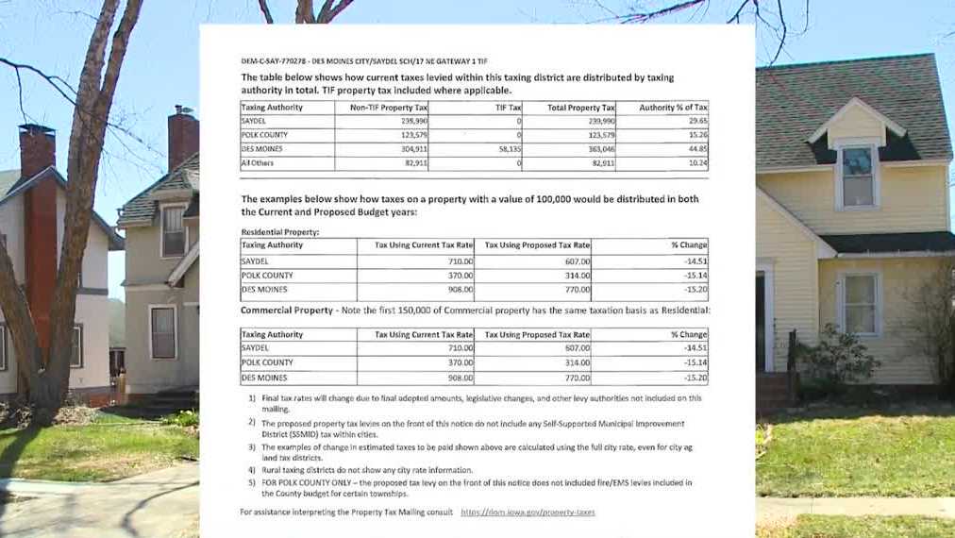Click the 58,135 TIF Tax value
point(508,149)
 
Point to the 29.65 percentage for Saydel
point(698,122)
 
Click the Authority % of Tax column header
point(673,108)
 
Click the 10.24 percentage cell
point(698,163)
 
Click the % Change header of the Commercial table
point(688,334)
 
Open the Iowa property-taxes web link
point(528,512)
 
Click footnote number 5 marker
point(252,482)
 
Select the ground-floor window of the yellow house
point(859,304)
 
